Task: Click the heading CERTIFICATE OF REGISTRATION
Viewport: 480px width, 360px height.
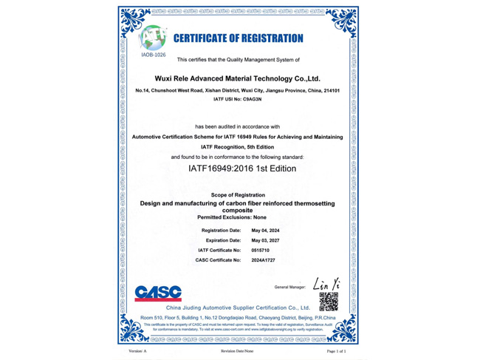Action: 238,38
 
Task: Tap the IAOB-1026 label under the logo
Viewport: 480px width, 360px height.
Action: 154,55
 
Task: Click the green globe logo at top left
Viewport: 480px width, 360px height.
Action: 154,36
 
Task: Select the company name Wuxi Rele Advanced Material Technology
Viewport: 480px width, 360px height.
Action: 237,77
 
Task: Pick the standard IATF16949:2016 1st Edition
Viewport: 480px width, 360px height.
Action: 242,169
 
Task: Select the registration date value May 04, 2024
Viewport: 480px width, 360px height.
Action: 266,231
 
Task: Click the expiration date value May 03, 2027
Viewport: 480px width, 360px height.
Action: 266,240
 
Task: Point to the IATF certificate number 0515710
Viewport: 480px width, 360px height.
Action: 261,251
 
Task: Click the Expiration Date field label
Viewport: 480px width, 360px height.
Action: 223,240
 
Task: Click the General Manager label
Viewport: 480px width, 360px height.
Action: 289,286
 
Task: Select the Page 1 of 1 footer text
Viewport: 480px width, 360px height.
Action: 336,351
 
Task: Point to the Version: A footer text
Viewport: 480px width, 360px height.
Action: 137,351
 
